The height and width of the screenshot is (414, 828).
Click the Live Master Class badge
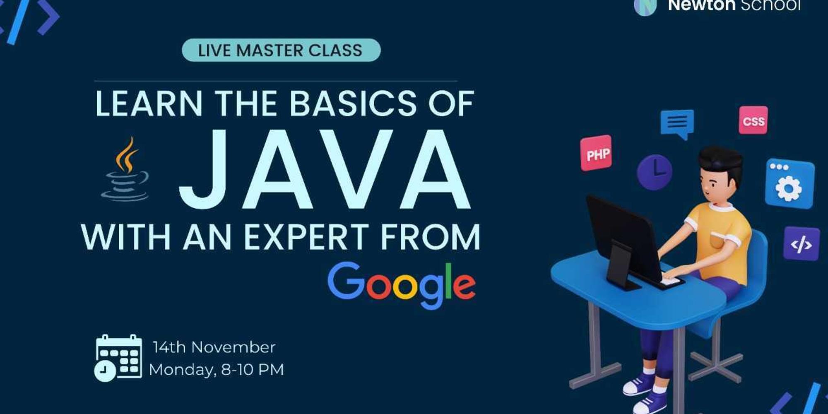281,50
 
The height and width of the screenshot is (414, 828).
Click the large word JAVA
325,170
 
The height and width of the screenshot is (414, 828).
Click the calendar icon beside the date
118,357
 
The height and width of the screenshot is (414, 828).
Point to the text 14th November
214,347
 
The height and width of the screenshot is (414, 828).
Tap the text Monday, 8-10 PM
216,369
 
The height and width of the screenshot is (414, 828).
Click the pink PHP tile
596,153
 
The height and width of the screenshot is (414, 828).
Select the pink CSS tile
753,120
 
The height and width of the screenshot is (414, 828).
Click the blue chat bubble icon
677,123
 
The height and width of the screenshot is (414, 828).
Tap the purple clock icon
654,171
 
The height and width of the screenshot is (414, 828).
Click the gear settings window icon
789,183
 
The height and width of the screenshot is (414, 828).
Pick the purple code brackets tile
802,244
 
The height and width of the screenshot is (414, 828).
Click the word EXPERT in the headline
306,237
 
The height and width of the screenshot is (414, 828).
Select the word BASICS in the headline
353,103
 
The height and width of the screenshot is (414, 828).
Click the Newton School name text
734,5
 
